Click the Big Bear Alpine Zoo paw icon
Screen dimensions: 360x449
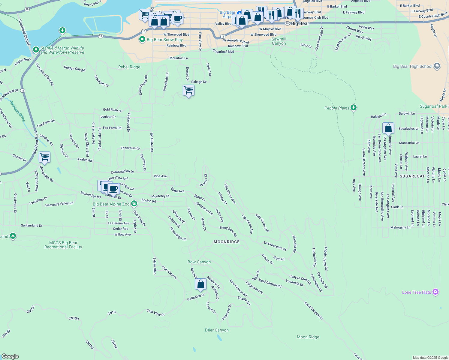[134, 204]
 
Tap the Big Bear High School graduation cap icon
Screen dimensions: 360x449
[437, 66]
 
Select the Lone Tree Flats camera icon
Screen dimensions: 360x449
[436, 292]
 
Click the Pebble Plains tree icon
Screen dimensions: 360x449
[354, 108]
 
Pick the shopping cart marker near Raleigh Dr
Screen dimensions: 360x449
[188, 90]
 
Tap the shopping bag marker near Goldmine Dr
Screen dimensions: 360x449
[200, 284]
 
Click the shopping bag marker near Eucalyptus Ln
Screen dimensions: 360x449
[388, 128]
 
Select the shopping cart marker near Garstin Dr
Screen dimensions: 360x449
[44, 157]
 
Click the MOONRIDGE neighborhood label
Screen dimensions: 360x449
[227, 242]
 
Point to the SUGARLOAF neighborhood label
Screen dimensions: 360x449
[412, 176]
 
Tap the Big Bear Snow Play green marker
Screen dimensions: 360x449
[143, 39]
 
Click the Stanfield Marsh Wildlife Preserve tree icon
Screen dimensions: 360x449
[36, 49]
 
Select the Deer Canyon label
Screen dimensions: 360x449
[217, 330]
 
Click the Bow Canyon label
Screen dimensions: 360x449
[199, 262]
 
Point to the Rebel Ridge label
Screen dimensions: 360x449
[129, 67]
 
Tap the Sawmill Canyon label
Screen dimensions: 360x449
[279, 41]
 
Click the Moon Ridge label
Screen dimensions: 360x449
[308, 337]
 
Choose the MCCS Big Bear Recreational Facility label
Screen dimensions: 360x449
[63, 245]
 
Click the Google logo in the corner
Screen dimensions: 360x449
[10, 356]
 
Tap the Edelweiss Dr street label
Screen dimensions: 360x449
[130, 148]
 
